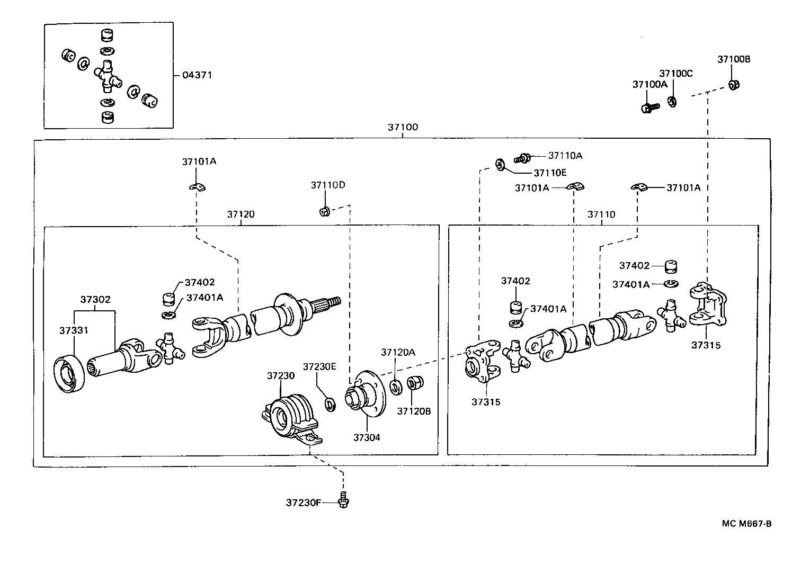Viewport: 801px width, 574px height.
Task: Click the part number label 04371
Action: tap(197, 75)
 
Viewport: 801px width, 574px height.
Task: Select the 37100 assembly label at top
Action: tap(403, 127)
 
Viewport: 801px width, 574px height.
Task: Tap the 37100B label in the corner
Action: tap(734, 59)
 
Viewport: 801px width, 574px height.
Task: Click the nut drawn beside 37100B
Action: tap(734, 84)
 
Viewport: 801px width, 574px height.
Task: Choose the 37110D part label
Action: tap(328, 185)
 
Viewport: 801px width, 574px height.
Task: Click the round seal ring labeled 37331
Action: tap(69, 374)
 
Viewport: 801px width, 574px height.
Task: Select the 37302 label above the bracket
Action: tap(95, 300)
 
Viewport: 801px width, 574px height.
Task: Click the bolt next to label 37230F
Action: tap(343, 500)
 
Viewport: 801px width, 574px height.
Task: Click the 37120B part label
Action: tap(414, 410)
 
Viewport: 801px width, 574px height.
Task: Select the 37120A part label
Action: tap(398, 352)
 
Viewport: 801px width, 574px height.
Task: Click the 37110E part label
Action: tap(550, 173)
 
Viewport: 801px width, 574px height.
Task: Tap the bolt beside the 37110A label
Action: tap(523, 157)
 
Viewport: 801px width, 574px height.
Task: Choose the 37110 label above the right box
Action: tap(601, 214)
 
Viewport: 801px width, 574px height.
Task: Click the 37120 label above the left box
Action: tap(241, 214)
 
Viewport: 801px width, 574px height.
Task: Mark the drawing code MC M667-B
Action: tap(746, 524)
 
